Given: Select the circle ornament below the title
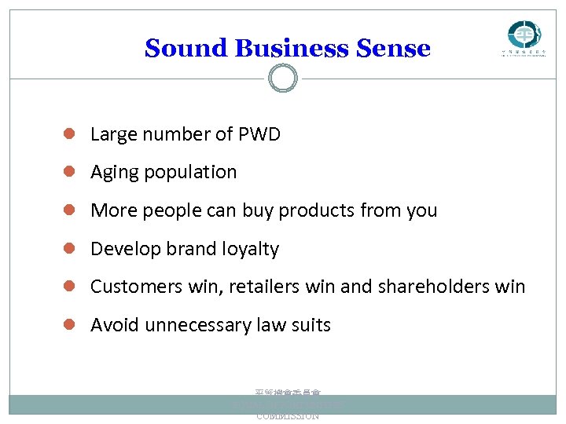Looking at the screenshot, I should click(283, 78).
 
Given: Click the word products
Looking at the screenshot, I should click(317, 210).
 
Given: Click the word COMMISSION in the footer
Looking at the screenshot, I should click(288, 416).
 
